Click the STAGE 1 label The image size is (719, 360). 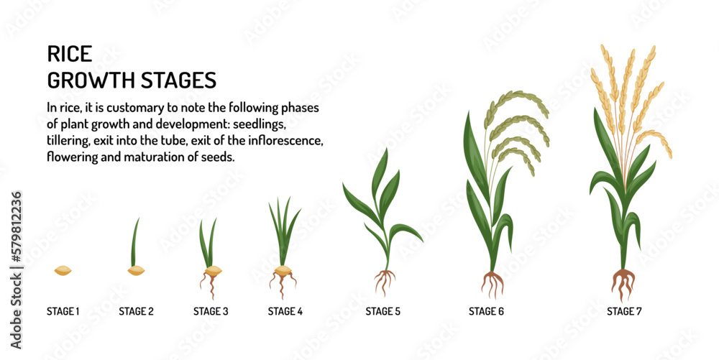63,311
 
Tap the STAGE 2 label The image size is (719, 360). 136,311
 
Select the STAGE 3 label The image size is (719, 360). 211,311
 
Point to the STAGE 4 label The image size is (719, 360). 285,311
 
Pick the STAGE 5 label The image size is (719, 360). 383,311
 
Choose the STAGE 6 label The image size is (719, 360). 487,311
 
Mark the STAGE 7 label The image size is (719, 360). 625,311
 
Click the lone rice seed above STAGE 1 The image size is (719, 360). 63,271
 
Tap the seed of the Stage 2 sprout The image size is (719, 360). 136,271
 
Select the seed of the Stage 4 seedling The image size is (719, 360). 284,271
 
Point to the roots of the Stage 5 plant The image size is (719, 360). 385,281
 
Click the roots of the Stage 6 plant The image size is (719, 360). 493,284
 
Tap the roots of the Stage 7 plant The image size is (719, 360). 623,283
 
